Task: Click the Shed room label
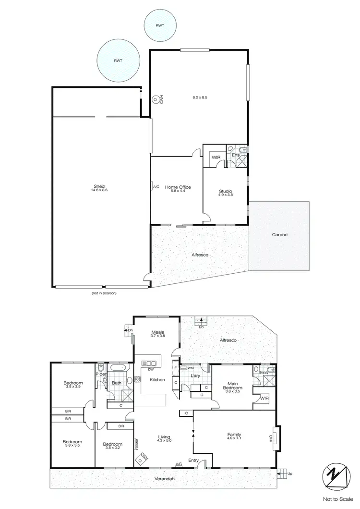(x=100, y=186)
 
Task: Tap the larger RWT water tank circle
(x=118, y=61)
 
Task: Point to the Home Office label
(x=178, y=187)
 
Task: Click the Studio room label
(x=226, y=192)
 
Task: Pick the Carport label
(x=279, y=235)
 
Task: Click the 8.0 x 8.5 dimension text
(x=200, y=97)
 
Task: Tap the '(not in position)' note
(x=104, y=293)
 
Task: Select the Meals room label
(x=158, y=332)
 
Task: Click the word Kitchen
(x=157, y=380)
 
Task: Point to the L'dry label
(x=195, y=375)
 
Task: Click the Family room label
(x=234, y=435)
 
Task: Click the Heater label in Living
(x=136, y=443)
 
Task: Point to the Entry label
(x=193, y=461)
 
